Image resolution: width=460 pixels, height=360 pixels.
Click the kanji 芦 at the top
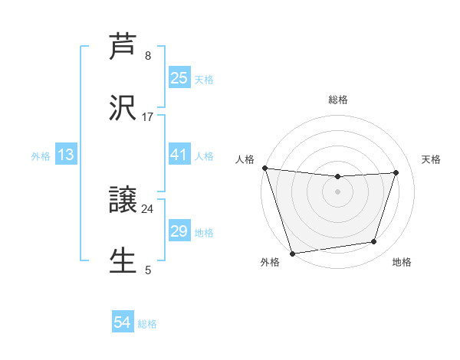tap(123, 47)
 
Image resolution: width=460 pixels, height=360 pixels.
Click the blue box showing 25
tap(179, 77)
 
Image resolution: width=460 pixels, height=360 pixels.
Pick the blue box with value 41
tap(179, 155)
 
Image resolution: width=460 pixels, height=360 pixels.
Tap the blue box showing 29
tap(179, 231)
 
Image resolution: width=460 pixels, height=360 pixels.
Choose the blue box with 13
tap(66, 155)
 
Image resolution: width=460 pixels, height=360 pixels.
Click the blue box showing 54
tap(123, 323)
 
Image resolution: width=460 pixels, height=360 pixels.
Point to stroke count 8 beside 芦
tap(148, 55)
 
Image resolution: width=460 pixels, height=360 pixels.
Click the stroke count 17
tap(148, 116)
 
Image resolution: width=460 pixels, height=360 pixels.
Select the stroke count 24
tap(148, 208)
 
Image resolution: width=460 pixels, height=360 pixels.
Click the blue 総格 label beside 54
tap(147, 324)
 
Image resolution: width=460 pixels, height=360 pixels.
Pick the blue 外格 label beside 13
tap(41, 155)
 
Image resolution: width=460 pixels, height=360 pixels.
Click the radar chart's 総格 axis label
tap(337, 100)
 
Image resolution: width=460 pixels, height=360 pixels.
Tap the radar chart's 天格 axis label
tap(431, 159)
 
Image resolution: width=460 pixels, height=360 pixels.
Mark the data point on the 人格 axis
tap(265, 168)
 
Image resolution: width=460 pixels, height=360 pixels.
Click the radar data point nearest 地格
tap(374, 242)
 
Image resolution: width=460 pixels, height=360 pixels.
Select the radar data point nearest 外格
tap(292, 253)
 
